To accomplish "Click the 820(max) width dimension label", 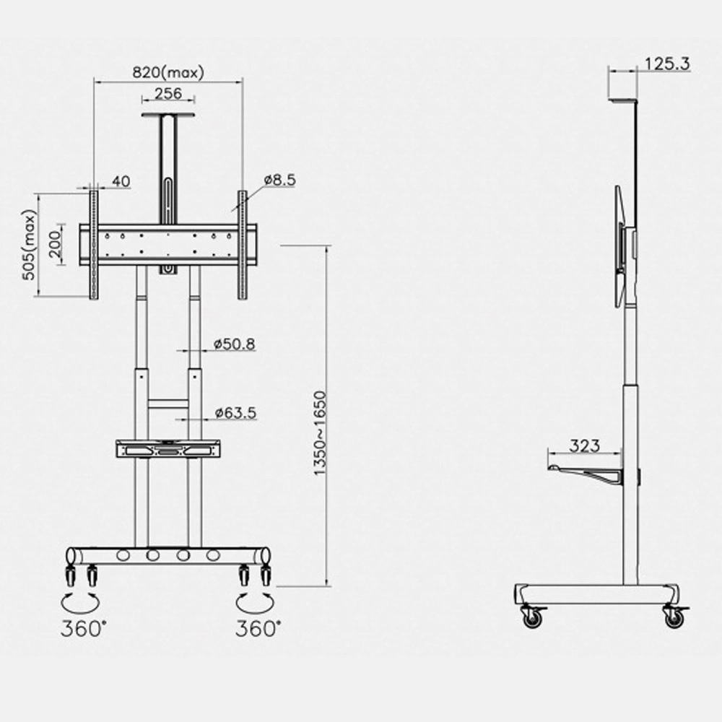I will point(168,72).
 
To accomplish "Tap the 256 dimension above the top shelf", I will point(168,94).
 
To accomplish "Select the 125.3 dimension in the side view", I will point(667,64).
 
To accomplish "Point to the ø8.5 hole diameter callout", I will point(279,180).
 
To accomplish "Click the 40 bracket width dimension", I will point(121,181).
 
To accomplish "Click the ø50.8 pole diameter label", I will point(235,344).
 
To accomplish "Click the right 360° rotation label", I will point(256,629).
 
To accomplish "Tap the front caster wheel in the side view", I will point(532,617).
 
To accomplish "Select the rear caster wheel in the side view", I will point(674,617).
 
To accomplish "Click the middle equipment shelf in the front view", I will point(168,448).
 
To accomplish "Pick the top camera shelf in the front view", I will point(168,116).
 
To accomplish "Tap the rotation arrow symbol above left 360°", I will point(79,601).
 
